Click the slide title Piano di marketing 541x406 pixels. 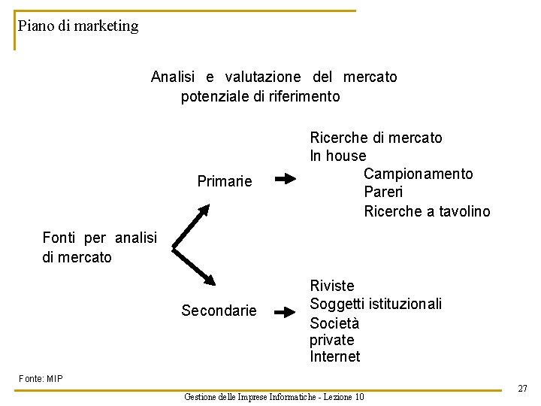78,26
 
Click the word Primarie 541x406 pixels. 224,181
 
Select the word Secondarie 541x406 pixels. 219,311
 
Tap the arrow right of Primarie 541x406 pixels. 286,180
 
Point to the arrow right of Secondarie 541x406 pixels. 286,311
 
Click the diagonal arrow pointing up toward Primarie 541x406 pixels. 193,223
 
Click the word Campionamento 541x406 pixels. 418,174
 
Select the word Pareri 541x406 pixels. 385,192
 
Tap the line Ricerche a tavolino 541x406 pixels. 426,211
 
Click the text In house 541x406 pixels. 338,156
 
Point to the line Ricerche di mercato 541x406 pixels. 376,138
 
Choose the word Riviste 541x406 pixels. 331,286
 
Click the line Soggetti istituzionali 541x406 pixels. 376,304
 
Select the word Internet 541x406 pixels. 334,356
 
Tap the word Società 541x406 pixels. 334,323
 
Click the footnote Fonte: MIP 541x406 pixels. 41,378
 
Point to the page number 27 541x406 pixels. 522,389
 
